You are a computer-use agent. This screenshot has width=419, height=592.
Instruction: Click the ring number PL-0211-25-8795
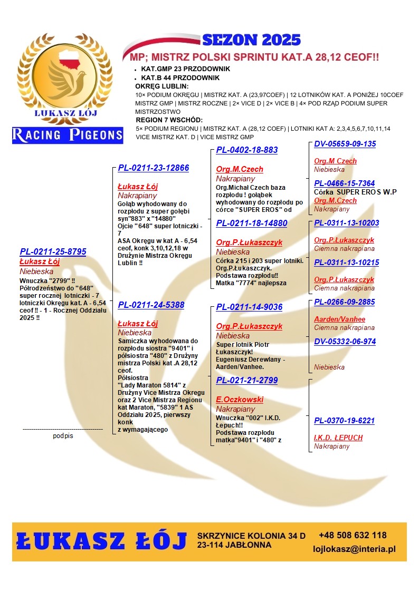[x=53, y=252]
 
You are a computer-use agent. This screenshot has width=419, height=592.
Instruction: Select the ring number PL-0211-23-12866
[x=153, y=168]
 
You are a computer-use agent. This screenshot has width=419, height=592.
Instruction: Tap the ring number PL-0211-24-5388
[x=151, y=305]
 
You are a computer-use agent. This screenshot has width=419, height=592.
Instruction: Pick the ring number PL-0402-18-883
[x=246, y=150]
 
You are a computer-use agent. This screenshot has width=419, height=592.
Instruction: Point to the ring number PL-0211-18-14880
[x=251, y=224]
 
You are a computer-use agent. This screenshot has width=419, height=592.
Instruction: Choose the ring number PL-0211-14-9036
[x=249, y=307]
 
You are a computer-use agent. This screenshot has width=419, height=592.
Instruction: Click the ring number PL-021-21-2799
[x=246, y=381]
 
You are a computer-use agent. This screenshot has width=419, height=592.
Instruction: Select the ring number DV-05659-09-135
[x=345, y=144]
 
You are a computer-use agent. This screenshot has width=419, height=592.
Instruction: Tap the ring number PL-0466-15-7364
[x=344, y=183]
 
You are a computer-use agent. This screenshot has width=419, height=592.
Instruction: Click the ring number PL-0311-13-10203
[x=346, y=223]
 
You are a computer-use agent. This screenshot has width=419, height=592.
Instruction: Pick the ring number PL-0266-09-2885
[x=344, y=302]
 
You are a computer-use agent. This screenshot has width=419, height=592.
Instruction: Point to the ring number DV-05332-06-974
[x=345, y=342]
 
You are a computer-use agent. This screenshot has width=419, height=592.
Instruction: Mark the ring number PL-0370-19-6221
[x=344, y=421]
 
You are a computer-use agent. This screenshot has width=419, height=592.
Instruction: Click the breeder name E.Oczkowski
[x=240, y=400]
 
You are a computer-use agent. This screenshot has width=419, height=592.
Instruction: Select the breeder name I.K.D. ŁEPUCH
[x=338, y=438]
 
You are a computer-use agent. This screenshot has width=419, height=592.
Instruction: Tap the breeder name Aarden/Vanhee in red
[x=339, y=319]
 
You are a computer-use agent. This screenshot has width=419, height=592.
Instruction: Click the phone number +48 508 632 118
[x=353, y=536]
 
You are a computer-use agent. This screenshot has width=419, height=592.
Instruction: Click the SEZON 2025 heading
[x=251, y=40]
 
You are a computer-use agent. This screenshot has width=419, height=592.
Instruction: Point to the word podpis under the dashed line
[x=63, y=436]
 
